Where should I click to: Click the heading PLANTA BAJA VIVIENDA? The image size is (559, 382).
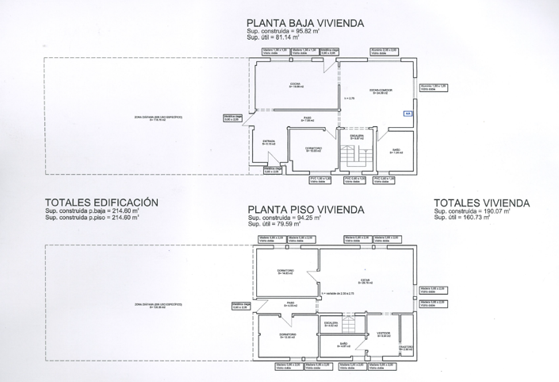pos(305,24)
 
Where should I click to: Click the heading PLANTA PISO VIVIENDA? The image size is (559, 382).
pos(305,210)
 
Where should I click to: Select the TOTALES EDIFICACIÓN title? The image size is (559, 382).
pos(101,203)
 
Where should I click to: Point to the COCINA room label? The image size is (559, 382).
pos(296,86)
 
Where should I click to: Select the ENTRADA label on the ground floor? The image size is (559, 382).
pos(268,143)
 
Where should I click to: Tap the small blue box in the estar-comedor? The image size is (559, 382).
pos(408,114)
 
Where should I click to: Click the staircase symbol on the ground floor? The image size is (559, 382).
pos(353,156)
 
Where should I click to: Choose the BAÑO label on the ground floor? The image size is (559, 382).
pos(396,150)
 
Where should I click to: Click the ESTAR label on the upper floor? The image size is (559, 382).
pos(366,280)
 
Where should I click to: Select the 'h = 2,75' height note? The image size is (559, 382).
pos(348,98)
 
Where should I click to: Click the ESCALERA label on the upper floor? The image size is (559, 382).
pos(331,324)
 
